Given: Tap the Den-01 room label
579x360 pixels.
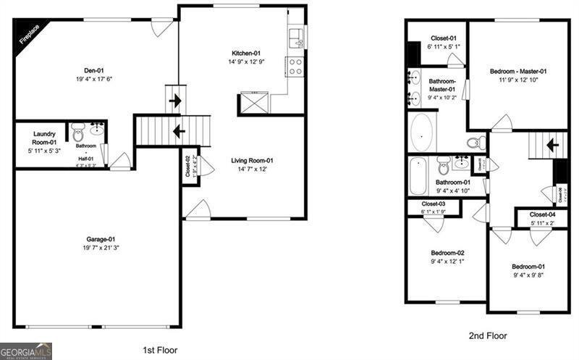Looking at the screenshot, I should [90, 70].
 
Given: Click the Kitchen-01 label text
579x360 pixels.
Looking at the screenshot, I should [245, 54].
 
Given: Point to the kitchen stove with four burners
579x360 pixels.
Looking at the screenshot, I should [295, 67].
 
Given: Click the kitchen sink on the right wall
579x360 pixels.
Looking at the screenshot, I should [296, 34].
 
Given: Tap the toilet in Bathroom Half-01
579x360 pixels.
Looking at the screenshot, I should [78, 133].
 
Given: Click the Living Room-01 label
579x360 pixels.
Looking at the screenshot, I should [252, 161].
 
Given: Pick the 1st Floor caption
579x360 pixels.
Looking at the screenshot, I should [160, 350].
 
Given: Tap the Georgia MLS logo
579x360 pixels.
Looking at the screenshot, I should [26, 351].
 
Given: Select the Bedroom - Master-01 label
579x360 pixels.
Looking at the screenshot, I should [517, 71].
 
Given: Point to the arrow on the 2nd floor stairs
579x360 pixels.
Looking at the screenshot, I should [551, 145].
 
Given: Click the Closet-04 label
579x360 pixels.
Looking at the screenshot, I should [542, 215].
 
